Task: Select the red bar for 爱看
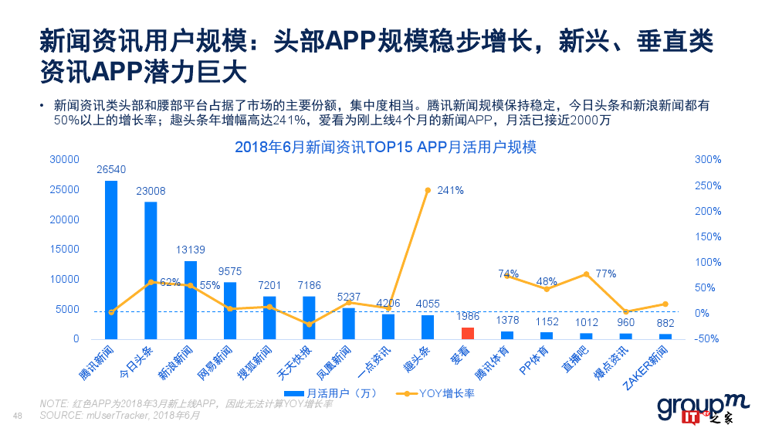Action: point(467,333)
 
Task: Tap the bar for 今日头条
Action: point(151,270)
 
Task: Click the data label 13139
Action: point(190,250)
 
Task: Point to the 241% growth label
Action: point(450,190)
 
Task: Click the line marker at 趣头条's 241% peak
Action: point(428,190)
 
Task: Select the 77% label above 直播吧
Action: point(605,274)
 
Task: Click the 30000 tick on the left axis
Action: point(65,159)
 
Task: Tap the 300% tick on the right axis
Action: point(707,159)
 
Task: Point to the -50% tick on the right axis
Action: point(707,339)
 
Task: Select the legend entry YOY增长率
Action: point(437,393)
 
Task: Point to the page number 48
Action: point(19,416)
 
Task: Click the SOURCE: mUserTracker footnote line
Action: point(120,415)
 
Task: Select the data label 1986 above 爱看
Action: point(467,317)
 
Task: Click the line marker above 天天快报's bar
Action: point(309,325)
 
